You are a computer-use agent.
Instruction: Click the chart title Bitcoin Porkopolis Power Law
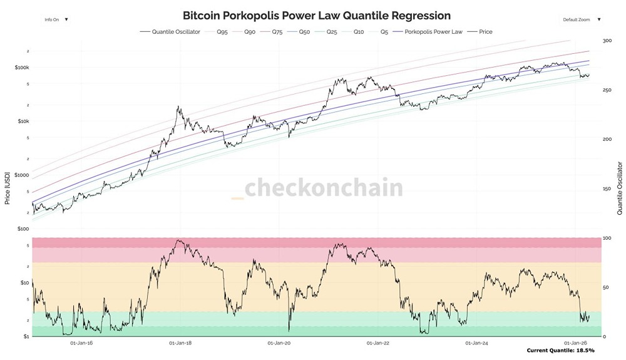tap(316, 15)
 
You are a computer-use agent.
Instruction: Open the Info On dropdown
tap(56, 19)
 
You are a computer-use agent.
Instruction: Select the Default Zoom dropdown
tap(581, 19)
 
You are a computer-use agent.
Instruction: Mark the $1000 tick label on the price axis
tap(22, 175)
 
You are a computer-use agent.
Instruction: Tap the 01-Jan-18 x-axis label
tap(180, 343)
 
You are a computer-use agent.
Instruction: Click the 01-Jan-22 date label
tap(378, 343)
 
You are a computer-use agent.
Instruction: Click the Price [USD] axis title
tap(8, 188)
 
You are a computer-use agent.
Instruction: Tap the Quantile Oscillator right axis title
tap(619, 188)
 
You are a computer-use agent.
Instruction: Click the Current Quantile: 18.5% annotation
tap(560, 351)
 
